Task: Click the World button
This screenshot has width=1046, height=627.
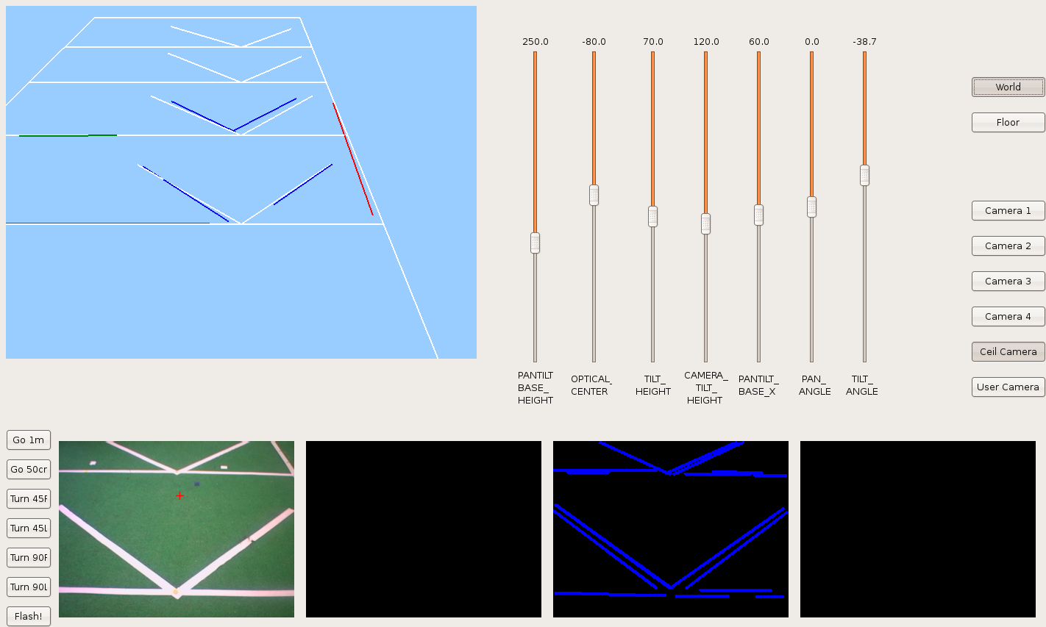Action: pyautogui.click(x=1008, y=87)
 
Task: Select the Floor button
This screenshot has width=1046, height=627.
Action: pyautogui.click(x=1008, y=122)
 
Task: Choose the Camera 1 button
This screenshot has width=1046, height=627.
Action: pyautogui.click(x=1008, y=211)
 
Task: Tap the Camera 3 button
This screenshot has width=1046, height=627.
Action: pyautogui.click(x=1008, y=282)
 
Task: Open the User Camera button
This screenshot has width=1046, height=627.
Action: pyautogui.click(x=1008, y=387)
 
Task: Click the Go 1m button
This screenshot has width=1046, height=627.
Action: pyautogui.click(x=29, y=440)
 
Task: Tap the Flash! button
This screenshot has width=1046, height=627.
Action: pyautogui.click(x=29, y=616)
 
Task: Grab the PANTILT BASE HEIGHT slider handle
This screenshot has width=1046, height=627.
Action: pyautogui.click(x=536, y=243)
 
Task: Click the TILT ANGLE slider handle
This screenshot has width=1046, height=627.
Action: pyautogui.click(x=865, y=176)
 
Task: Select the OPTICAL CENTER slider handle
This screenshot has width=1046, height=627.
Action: pyautogui.click(x=594, y=195)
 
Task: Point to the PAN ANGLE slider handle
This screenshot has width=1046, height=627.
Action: pyautogui.click(x=811, y=207)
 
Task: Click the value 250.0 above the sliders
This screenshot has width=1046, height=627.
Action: pyautogui.click(x=536, y=41)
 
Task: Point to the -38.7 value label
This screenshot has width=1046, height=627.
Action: pyautogui.click(x=864, y=41)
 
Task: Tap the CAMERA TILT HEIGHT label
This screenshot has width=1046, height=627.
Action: pyautogui.click(x=705, y=387)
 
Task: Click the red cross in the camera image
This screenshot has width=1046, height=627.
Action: pyautogui.click(x=179, y=496)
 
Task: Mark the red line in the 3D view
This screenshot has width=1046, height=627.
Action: pyautogui.click(x=353, y=159)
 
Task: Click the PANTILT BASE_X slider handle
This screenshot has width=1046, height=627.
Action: pyautogui.click(x=759, y=215)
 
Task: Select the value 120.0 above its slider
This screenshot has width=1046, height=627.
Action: pyautogui.click(x=706, y=41)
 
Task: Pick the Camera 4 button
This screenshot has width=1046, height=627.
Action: pyautogui.click(x=1008, y=317)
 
